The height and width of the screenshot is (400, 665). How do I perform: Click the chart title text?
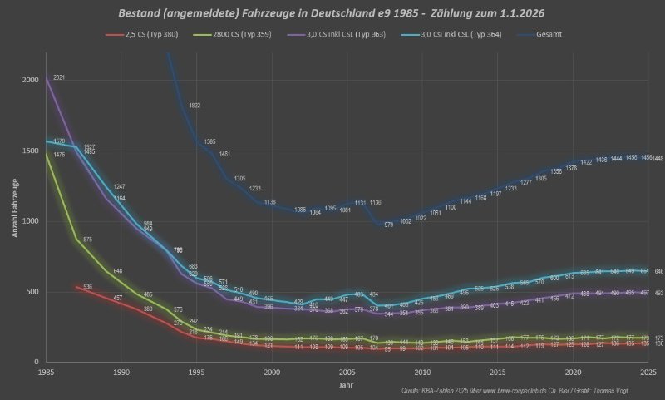(332, 13)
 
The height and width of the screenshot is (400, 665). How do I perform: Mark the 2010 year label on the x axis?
(423, 372)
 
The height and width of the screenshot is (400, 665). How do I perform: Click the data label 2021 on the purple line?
(59, 77)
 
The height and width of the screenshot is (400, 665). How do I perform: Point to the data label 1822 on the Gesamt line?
(195, 106)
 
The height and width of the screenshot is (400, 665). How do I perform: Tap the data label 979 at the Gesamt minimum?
(388, 225)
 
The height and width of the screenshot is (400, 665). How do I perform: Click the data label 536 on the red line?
(88, 287)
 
